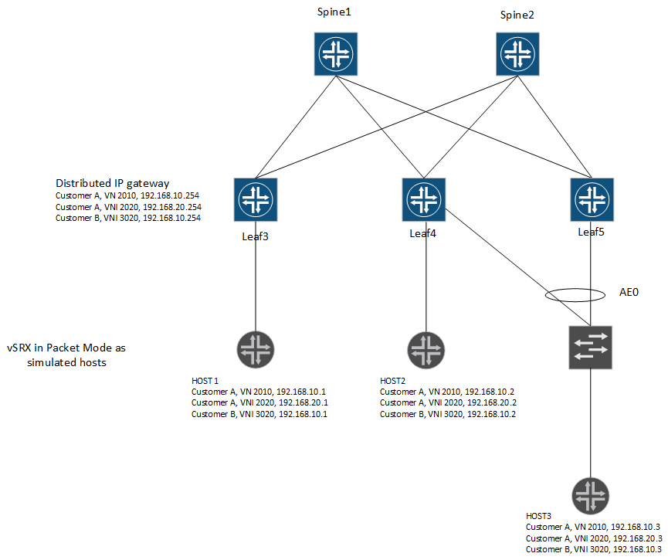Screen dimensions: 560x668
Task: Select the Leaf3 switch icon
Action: pos(255,199)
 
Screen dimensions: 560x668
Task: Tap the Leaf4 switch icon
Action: pos(423,199)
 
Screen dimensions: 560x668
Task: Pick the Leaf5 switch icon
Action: pos(592,199)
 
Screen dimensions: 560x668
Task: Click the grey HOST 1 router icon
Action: pos(255,349)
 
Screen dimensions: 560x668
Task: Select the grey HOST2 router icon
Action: pos(423,349)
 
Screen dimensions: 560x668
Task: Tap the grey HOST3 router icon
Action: pos(591,496)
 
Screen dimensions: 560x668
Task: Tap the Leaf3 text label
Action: pos(255,236)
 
